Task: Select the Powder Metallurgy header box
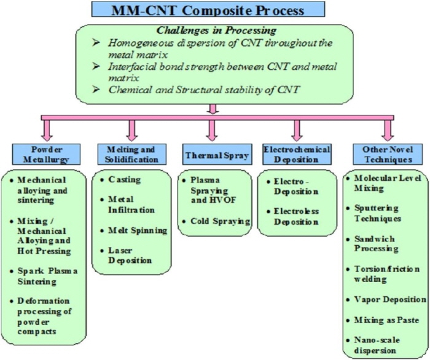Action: [46, 154]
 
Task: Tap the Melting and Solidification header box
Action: [132, 154]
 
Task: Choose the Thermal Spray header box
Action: [217, 154]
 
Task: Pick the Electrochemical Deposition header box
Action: [297, 154]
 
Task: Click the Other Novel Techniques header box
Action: [388, 154]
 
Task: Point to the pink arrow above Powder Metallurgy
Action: [46, 130]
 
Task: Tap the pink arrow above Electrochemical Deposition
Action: [297, 130]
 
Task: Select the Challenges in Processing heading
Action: [216, 30]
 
